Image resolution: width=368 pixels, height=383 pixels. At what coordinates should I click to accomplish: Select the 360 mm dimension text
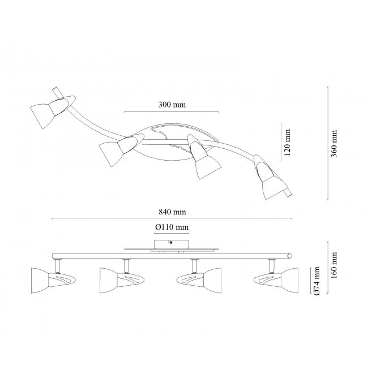335,144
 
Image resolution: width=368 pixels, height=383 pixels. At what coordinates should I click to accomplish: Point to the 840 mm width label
173,212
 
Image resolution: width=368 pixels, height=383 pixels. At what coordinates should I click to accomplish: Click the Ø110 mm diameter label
171,227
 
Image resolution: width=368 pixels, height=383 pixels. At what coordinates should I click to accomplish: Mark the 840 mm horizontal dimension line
173,218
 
